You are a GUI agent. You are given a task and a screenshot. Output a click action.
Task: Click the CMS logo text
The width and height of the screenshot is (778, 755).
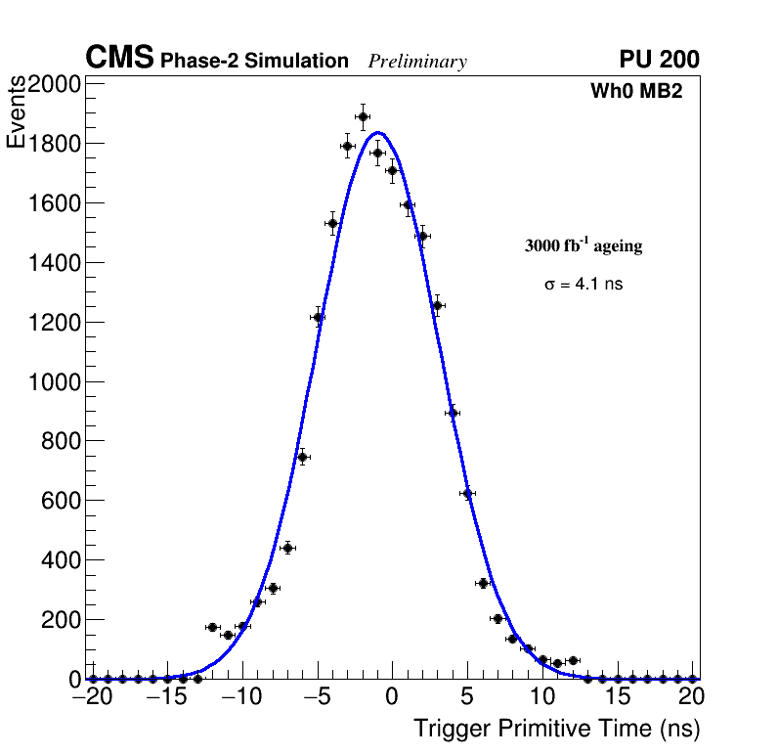coord(119,59)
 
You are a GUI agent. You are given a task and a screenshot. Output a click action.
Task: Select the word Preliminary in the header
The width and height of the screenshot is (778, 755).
coord(417,62)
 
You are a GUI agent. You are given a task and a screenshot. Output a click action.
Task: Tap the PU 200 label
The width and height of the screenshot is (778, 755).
coord(659,60)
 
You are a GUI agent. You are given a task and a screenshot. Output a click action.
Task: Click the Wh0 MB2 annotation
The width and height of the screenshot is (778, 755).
coord(635,91)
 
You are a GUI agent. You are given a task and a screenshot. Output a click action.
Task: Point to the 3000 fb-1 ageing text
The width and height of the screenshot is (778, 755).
coord(583,246)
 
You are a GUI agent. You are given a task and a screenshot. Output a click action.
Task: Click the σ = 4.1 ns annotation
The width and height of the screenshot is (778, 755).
coord(583,285)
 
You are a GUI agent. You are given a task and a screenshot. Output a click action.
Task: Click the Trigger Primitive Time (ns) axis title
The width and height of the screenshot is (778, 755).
coord(556,729)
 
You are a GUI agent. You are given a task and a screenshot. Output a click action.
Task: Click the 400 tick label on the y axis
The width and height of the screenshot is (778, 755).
coord(61,560)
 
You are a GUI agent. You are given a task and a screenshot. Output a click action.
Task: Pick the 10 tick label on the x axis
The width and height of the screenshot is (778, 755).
coord(542,697)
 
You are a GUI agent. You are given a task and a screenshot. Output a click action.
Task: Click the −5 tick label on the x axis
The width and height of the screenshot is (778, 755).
coord(317,697)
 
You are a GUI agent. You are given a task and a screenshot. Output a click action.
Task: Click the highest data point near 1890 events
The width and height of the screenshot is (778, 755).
coord(363,116)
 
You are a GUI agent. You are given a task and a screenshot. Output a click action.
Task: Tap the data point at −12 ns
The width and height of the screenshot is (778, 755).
coord(212,627)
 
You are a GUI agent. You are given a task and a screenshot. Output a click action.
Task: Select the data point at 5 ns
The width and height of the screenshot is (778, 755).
coord(467,494)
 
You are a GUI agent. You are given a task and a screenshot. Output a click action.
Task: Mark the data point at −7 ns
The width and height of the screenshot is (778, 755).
coord(287,548)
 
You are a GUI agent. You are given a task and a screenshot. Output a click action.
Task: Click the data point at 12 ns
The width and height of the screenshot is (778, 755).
coord(573,661)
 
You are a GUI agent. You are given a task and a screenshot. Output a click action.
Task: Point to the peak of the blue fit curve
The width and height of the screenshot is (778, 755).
coord(377,133)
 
